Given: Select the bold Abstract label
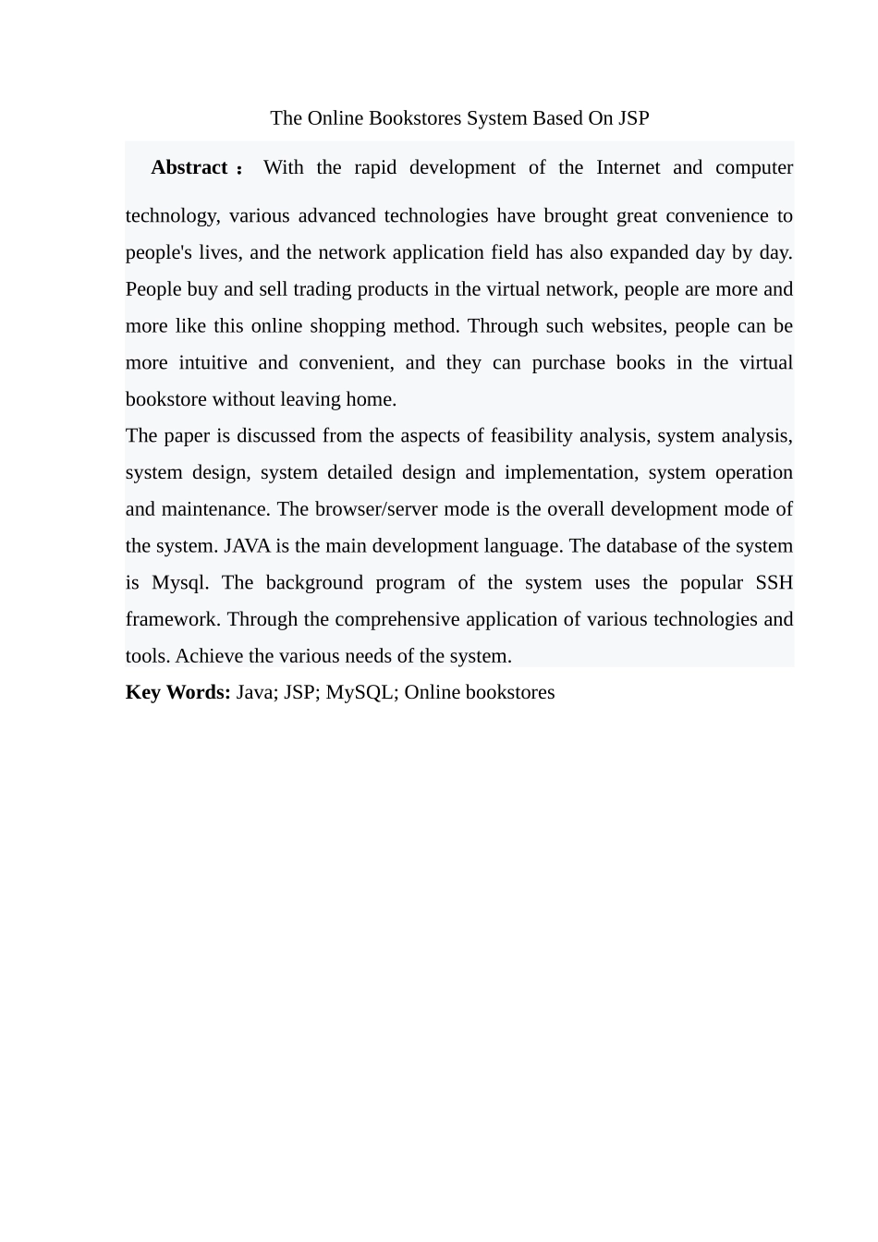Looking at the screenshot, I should pyautogui.click(x=189, y=167).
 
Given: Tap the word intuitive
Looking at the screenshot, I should pyautogui.click(x=213, y=363).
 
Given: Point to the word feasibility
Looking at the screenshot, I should pyautogui.click(x=531, y=436).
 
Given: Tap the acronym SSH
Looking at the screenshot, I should pyautogui.click(x=774, y=583).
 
